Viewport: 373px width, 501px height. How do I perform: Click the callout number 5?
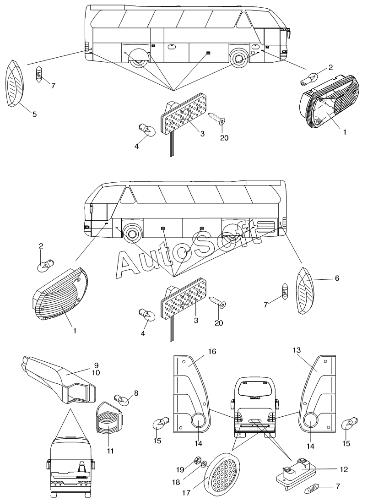(34, 114)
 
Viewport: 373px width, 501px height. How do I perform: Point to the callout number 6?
(337, 278)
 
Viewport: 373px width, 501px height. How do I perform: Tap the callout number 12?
(344, 469)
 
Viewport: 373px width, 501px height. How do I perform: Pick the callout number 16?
(212, 352)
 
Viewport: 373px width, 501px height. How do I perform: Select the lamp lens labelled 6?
(304, 289)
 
